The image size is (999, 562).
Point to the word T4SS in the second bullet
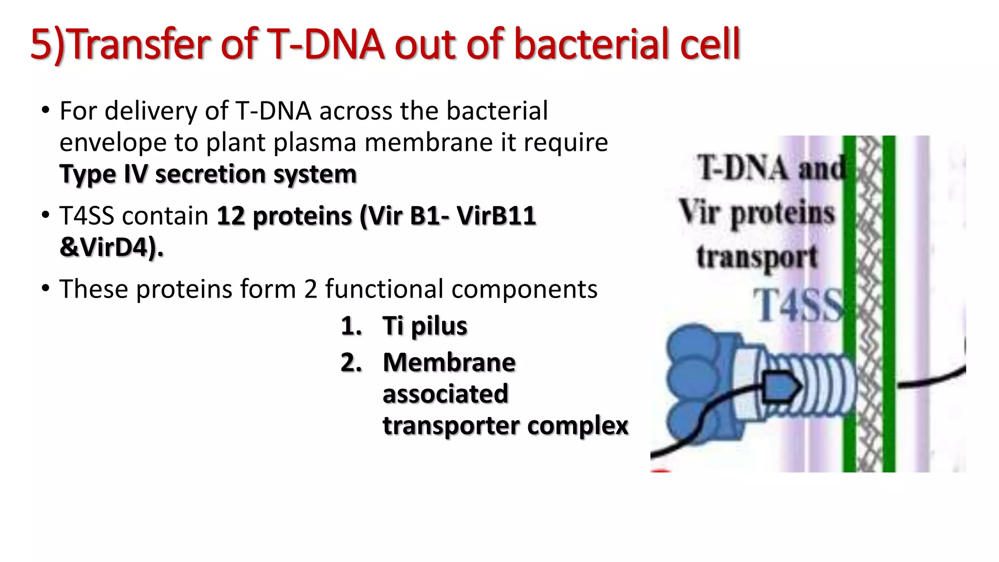tap(86, 216)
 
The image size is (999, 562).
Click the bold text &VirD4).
tap(111, 247)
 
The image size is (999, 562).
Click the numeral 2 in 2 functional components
tap(311, 289)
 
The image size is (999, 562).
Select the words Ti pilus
tap(424, 326)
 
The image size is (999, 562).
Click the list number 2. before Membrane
tap(351, 362)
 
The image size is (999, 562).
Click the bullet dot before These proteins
tap(46, 288)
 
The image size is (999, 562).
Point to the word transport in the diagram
tap(757, 257)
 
